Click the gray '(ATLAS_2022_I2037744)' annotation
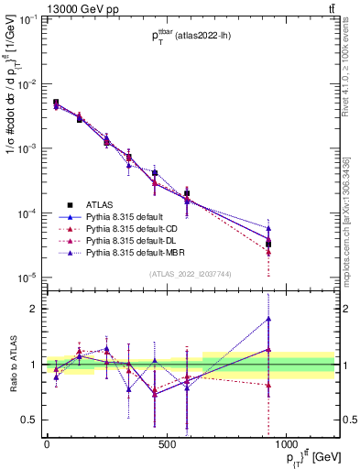point(191,274)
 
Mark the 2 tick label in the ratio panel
point(36,309)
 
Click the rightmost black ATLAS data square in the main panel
point(294,243)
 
